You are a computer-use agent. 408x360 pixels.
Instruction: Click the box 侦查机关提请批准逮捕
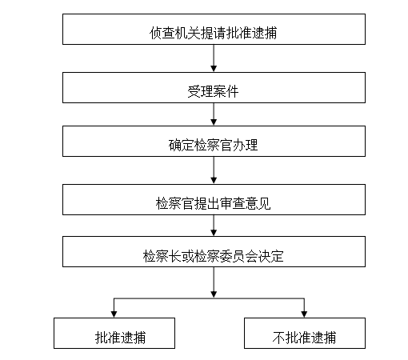(214, 29)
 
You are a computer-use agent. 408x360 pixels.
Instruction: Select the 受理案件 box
(214, 87)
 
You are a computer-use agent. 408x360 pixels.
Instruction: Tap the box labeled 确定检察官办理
(214, 141)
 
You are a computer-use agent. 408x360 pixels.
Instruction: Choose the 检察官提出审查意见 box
(214, 199)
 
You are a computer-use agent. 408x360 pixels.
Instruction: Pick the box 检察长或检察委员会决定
(214, 251)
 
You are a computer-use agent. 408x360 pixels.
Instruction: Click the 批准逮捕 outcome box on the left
(114, 333)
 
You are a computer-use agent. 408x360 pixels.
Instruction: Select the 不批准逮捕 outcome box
(305, 333)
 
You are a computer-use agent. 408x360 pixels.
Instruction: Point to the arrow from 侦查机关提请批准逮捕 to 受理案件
(214, 58)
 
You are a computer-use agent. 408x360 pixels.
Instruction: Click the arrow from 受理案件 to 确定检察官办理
(214, 114)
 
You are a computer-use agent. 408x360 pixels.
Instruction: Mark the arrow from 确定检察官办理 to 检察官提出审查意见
(214, 170)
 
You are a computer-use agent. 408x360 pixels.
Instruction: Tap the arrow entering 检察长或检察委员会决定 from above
(214, 226)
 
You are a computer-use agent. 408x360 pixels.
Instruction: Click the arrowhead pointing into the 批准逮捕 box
(114, 314)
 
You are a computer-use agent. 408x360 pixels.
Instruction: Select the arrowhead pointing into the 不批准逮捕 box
(304, 314)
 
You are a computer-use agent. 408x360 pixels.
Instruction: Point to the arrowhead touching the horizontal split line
(214, 294)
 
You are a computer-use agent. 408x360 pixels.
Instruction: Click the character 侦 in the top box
(155, 33)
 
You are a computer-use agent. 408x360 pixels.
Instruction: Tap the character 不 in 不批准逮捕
(278, 338)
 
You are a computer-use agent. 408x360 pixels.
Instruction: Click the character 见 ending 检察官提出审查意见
(265, 203)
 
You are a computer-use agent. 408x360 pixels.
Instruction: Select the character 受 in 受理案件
(194, 91)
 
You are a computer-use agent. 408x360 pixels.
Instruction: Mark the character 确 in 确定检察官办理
(174, 145)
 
